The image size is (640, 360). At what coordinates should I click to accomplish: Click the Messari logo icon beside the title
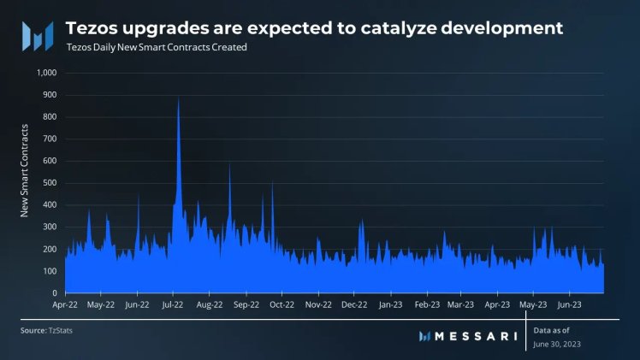tap(37, 35)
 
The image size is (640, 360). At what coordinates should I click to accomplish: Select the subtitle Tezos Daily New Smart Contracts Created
tap(156, 48)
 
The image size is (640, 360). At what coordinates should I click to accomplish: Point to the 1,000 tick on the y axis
tap(44, 73)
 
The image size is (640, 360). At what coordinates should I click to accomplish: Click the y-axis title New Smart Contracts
tap(27, 170)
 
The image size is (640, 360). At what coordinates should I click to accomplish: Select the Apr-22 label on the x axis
tap(65, 304)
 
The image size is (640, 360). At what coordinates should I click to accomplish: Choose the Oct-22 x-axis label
tap(282, 304)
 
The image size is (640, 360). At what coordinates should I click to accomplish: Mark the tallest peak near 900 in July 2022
tap(178, 100)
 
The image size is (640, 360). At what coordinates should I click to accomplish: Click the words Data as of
tap(552, 329)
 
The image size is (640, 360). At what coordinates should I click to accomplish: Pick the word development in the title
tap(507, 27)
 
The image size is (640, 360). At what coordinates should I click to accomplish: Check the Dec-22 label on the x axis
tap(354, 304)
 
